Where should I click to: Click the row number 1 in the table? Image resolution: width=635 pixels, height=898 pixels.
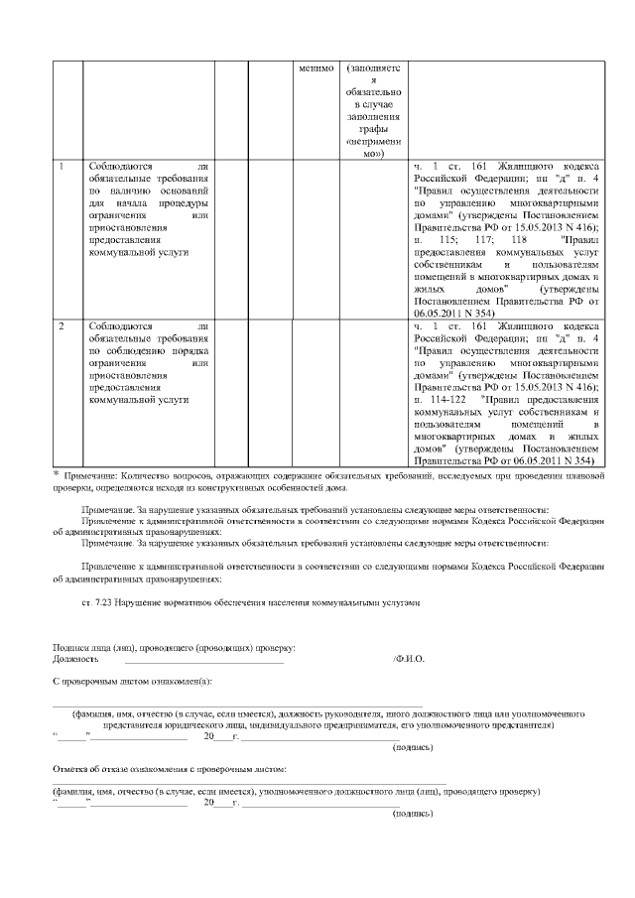(x=63, y=163)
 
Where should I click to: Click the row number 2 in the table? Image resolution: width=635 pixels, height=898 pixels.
(x=63, y=324)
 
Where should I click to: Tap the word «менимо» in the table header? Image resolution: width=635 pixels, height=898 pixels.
(x=317, y=68)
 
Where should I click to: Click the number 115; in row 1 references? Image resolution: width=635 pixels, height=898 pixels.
(x=451, y=240)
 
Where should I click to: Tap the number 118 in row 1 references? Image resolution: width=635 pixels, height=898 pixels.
(x=518, y=240)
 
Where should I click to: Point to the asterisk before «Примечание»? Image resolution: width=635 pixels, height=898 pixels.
(x=56, y=475)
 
